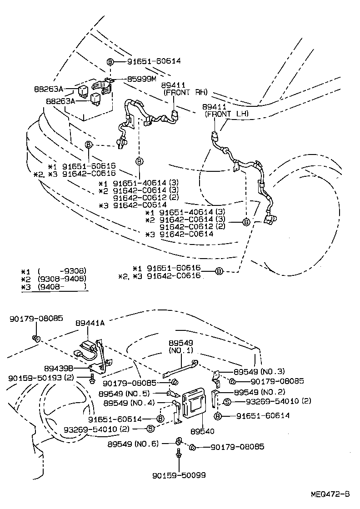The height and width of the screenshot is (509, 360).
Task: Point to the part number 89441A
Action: [x=90, y=323]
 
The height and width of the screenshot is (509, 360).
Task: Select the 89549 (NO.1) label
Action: [x=181, y=347]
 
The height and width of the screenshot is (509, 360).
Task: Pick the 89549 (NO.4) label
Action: [x=129, y=403]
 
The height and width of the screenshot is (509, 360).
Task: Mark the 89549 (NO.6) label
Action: [x=133, y=444]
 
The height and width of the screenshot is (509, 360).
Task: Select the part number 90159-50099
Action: [x=179, y=475]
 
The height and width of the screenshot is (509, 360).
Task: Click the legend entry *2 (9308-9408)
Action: [x=54, y=278]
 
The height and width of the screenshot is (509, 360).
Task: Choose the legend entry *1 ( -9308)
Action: [x=54, y=270]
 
